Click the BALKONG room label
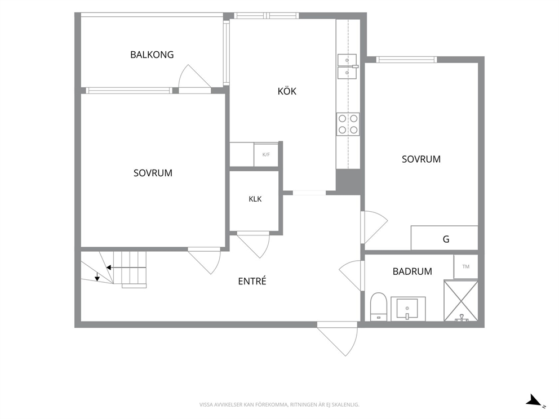(152, 55)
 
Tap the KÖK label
(287, 91)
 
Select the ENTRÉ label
(252, 281)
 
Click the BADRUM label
(412, 271)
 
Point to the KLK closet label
(255, 199)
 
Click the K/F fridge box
(266, 155)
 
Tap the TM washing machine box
(465, 266)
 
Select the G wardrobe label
(446, 239)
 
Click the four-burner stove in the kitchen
(348, 124)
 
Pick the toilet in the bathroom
(379, 307)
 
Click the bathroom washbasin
(408, 309)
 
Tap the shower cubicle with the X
(460, 301)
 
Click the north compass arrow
(534, 400)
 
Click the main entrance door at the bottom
(337, 338)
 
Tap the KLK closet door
(253, 245)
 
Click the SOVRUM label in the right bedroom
(421, 159)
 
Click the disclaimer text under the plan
(279, 405)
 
